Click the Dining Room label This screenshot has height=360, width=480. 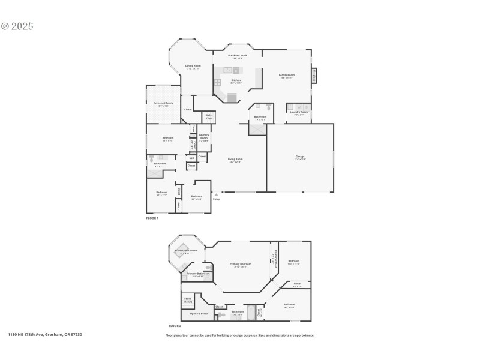[x=193, y=66]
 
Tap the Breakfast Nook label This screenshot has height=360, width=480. [x=237, y=56]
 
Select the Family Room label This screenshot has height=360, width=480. [x=286, y=76]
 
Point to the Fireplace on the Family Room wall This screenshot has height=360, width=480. [x=314, y=76]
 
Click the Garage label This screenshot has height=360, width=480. [x=299, y=158]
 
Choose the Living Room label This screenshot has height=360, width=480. [x=235, y=160]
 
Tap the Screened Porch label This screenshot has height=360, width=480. [x=163, y=103]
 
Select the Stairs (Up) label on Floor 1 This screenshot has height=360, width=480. [x=209, y=116]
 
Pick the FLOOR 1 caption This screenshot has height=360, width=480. [x=152, y=218]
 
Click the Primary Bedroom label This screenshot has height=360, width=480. [x=240, y=264]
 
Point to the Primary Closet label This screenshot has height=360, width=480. [x=275, y=257]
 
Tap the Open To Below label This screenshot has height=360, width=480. [x=199, y=314]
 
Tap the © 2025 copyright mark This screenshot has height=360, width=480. [x=17, y=26]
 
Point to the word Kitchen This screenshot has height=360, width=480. [x=236, y=80]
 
